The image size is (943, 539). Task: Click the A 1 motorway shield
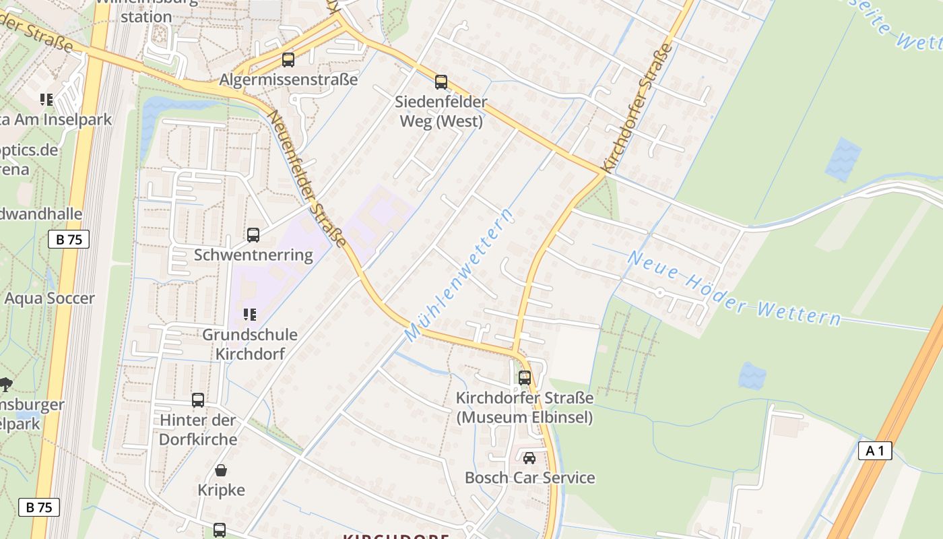pos(874,451)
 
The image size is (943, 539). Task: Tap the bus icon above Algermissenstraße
pos(288,59)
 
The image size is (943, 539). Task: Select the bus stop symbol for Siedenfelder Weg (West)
pos(441,82)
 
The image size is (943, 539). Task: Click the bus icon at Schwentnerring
pos(253,234)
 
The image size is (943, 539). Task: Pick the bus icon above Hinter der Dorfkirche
pos(198,400)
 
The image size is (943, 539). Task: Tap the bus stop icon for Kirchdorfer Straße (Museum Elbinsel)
pos(525,378)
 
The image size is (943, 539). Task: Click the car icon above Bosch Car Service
pos(529,458)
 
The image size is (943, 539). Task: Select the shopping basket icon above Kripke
pos(221,470)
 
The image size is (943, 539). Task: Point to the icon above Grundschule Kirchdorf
pos(250,315)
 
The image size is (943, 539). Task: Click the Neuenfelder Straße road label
pos(308,178)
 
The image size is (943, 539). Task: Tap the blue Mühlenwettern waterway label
pos(459,275)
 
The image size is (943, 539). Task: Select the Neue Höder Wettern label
pos(734,288)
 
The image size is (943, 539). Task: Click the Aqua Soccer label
pos(50,298)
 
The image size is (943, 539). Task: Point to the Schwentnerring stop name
pos(253,255)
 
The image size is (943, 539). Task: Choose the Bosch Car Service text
pos(529,478)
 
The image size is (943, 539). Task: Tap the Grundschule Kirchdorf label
pos(250,344)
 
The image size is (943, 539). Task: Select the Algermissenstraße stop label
pos(288,80)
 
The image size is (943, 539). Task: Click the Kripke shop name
pos(221,490)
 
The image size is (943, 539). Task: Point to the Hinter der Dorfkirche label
pos(198,430)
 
